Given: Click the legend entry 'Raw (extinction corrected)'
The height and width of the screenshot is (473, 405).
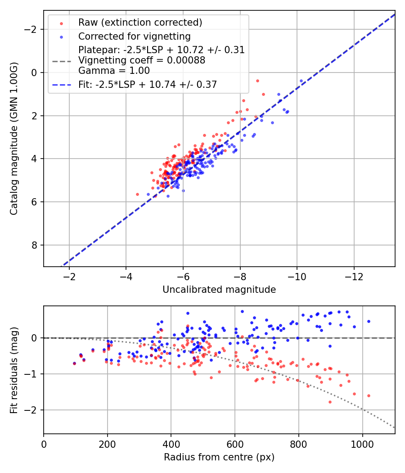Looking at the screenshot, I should [140, 23].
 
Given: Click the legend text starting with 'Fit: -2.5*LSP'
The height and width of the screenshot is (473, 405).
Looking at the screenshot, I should [148, 85].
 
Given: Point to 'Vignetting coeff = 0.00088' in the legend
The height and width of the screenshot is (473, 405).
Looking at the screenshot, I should [142, 60].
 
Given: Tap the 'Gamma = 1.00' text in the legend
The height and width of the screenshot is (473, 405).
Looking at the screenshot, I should [114, 71].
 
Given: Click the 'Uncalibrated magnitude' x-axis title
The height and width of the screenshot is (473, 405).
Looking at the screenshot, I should [219, 290].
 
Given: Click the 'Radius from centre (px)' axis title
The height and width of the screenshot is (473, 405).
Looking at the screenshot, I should [219, 457].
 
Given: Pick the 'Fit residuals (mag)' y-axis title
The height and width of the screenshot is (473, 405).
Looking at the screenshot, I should [14, 370].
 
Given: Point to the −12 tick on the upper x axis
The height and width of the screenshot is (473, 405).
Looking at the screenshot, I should [354, 276].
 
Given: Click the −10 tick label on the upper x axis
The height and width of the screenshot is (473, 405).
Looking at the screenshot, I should [297, 276].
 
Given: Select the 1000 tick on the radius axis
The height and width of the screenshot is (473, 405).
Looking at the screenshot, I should [362, 444].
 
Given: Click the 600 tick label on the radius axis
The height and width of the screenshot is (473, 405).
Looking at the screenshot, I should [234, 444].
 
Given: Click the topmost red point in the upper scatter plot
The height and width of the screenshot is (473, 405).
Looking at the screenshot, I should [257, 81].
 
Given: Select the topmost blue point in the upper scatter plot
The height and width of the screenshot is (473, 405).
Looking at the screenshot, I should [301, 81].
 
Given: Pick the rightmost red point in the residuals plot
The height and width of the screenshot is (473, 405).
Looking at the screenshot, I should [369, 396].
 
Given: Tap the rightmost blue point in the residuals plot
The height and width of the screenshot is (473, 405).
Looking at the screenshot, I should [369, 321].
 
